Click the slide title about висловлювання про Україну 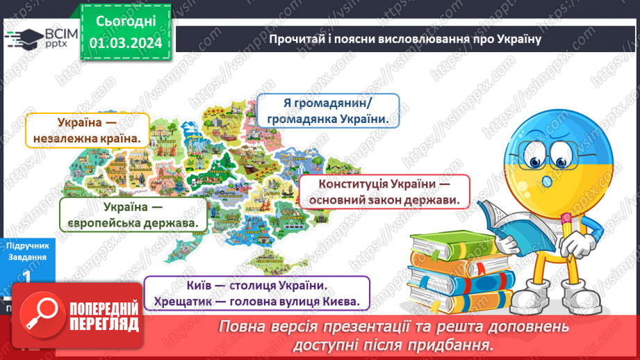(x=404, y=38)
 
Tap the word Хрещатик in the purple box (x=181, y=302)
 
